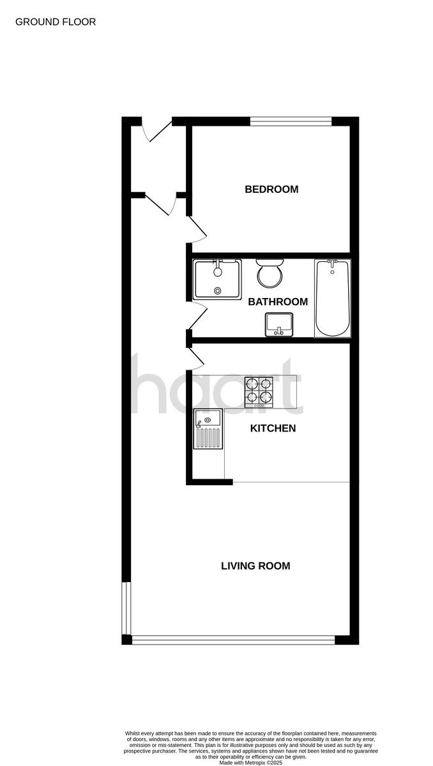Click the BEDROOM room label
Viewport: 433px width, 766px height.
[271, 190]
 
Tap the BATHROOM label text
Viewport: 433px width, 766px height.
[278, 302]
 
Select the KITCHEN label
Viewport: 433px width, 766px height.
[273, 428]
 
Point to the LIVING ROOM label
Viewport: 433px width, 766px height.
[255, 566]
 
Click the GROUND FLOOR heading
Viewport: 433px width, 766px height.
[56, 22]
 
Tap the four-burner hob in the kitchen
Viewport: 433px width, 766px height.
[259, 392]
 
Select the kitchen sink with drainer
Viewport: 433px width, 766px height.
[208, 428]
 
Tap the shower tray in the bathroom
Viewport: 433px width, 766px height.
[217, 279]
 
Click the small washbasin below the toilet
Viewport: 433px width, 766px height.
[279, 324]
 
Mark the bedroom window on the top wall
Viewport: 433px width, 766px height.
[291, 121]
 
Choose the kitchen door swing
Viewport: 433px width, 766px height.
[195, 359]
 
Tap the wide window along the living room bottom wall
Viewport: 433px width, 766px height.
[233, 640]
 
